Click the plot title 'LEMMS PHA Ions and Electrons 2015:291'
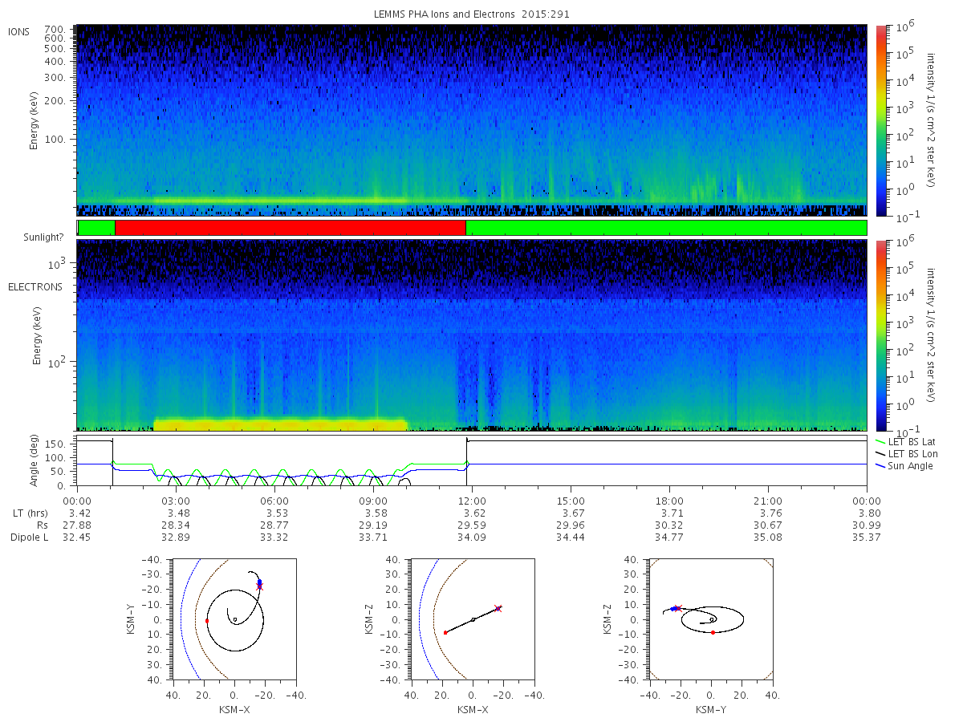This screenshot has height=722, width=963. [472, 14]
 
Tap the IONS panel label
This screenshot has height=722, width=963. [19, 32]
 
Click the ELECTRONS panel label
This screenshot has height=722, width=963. [35, 287]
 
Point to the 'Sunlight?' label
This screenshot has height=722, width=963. [43, 237]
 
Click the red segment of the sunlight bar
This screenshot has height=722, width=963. [290, 228]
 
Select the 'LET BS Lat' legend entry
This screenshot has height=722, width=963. [906, 441]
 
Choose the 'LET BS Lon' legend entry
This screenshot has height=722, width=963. [906, 454]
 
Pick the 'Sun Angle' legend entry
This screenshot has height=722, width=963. [904, 466]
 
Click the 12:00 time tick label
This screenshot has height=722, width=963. [472, 501]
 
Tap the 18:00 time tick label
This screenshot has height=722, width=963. [669, 501]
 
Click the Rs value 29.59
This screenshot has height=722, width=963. [472, 525]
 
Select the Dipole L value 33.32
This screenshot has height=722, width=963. [274, 537]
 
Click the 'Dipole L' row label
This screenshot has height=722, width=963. [29, 537]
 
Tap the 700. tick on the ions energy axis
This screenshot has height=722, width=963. [55, 30]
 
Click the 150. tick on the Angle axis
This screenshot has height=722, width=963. [55, 444]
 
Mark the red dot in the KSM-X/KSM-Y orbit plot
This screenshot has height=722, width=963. [207, 621]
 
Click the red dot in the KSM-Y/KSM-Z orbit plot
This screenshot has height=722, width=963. [713, 633]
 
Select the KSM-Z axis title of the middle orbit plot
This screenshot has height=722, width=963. [368, 619]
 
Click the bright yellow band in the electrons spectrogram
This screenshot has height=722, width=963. [280, 424]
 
